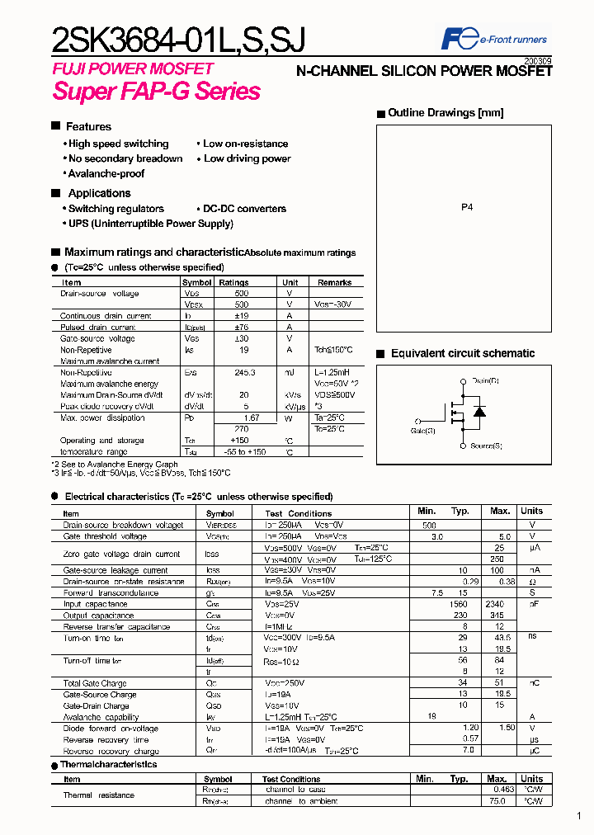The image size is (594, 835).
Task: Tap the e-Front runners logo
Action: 494,39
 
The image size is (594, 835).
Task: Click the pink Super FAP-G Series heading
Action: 157,91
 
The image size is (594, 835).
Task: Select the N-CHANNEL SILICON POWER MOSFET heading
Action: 424,72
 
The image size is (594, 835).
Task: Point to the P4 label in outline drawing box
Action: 467,209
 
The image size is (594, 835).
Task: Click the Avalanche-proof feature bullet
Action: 106,174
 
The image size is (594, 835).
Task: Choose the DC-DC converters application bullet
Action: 244,210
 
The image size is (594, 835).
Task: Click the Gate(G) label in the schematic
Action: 422,431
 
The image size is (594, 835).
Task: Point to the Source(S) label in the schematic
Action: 486,446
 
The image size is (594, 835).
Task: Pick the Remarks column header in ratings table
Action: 335,282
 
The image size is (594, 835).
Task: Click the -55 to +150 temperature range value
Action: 244,452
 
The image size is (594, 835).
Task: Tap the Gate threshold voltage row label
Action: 106,536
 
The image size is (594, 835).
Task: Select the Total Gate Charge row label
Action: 97,683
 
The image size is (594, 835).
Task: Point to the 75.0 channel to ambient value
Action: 497,801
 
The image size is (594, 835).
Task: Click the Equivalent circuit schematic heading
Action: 463,353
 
